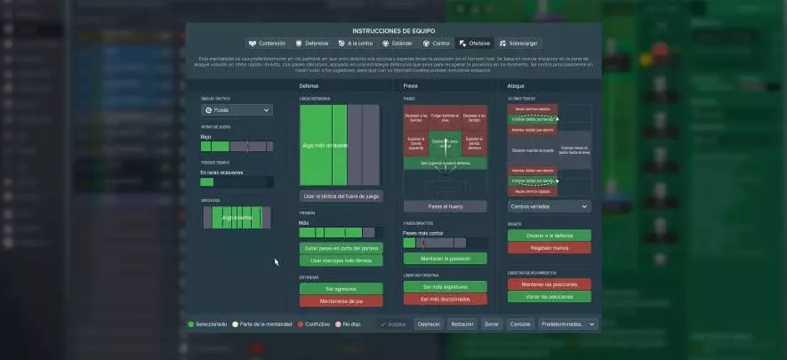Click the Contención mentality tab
[x=268, y=43]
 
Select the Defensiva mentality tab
[x=312, y=43]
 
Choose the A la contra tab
[x=356, y=43]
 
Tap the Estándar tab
[x=397, y=43]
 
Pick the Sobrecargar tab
[x=518, y=43]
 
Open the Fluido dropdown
[x=237, y=110]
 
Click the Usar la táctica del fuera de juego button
[x=341, y=196]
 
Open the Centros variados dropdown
[x=549, y=206]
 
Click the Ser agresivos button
[x=341, y=289]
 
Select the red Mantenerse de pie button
[x=341, y=301]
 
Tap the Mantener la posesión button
[x=445, y=259]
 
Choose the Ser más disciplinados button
[x=445, y=300]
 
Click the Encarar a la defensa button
[x=549, y=236]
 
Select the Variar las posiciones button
[x=549, y=296]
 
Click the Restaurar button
[x=462, y=324]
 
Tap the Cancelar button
[x=519, y=324]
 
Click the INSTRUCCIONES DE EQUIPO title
[x=394, y=30]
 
